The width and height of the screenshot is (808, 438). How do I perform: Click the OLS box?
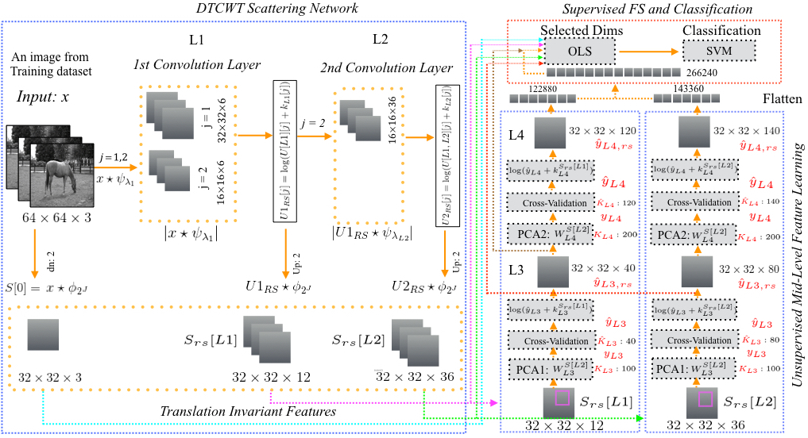click(581, 52)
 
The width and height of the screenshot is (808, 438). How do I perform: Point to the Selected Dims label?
click(582, 31)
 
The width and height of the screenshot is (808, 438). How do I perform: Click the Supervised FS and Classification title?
click(658, 8)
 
